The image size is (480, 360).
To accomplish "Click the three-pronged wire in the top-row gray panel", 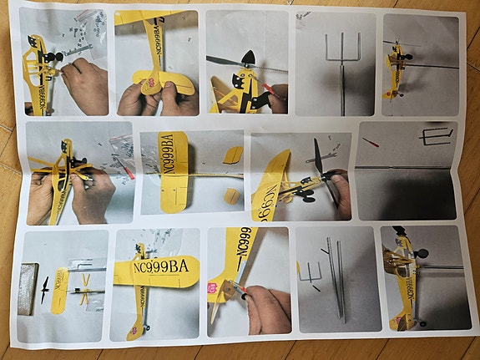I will coord(342,50).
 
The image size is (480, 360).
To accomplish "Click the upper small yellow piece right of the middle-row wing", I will coord(234,155).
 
